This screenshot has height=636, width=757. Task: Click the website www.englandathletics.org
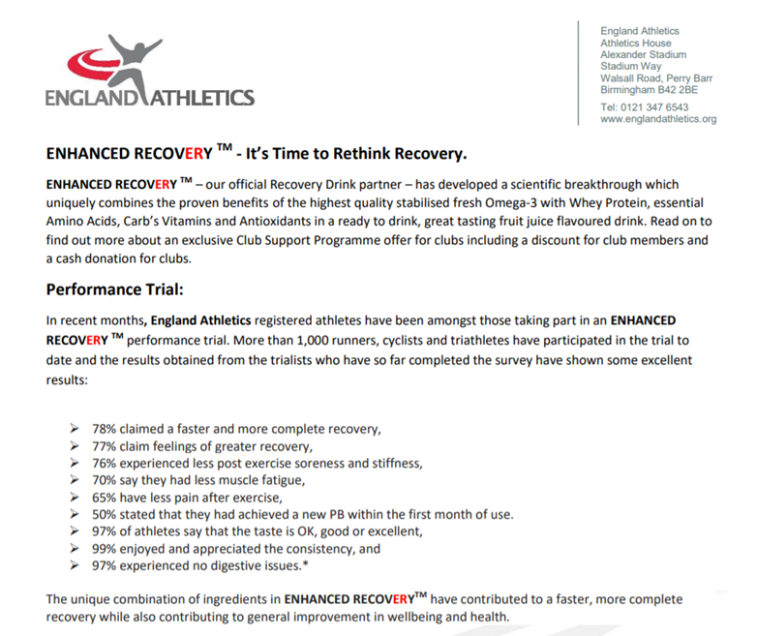click(x=658, y=119)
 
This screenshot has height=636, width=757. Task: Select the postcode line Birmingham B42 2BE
click(x=649, y=90)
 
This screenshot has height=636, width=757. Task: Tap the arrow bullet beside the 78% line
click(x=76, y=429)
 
